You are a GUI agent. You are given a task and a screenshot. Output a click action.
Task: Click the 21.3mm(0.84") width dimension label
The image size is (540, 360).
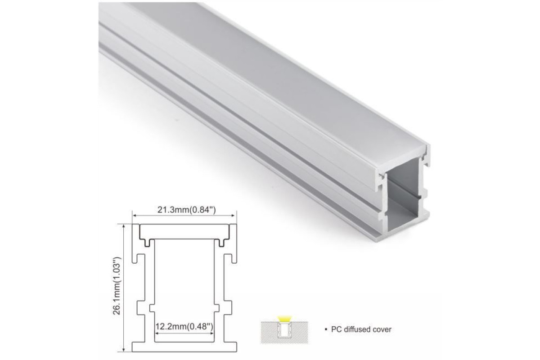click(187, 210)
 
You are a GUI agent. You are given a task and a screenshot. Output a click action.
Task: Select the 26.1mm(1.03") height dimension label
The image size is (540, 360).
click(117, 286)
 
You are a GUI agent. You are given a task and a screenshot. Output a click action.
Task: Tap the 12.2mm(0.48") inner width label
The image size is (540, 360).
click(184, 327)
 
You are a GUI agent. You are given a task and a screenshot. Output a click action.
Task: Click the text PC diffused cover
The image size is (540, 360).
click(361, 329)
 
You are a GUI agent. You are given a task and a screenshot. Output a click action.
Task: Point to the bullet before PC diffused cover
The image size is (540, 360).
click(326, 329)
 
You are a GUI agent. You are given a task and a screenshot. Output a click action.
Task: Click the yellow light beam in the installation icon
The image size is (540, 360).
click(284, 319)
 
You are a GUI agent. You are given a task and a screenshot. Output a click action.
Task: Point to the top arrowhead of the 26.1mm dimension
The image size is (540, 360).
click(124, 227)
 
